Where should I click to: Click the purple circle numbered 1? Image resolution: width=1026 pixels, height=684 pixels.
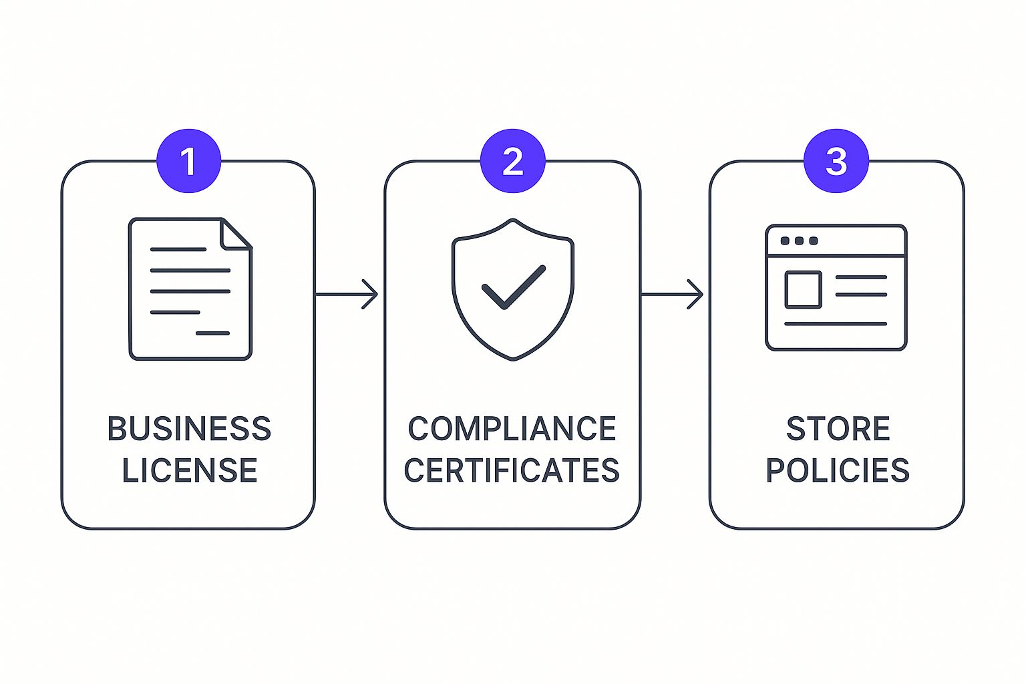point(188,161)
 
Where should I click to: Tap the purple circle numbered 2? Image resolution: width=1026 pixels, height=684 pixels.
point(512,161)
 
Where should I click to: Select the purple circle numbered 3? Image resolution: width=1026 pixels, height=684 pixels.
point(836,161)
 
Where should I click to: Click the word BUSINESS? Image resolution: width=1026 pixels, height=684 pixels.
point(189,429)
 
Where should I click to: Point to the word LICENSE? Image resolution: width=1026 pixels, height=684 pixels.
point(189,470)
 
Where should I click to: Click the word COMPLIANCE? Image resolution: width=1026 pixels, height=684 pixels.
point(512,429)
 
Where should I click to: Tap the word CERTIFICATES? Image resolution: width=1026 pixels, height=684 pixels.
point(512,470)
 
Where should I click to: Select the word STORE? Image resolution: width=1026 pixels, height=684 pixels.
point(838,429)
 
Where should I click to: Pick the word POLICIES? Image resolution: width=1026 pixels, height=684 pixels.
point(838,470)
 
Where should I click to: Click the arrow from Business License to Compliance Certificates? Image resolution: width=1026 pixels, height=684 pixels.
point(347,294)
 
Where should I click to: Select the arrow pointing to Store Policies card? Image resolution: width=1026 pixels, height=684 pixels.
point(672,294)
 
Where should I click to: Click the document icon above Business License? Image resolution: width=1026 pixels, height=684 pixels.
point(190,289)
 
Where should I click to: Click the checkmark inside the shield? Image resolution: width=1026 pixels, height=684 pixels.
point(513,287)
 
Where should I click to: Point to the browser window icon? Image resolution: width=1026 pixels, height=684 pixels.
point(836,287)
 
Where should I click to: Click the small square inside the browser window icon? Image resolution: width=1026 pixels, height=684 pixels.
point(803,289)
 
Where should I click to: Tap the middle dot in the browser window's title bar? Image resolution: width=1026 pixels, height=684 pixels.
point(799,240)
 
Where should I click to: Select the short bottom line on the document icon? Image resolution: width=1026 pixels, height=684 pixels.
point(212,333)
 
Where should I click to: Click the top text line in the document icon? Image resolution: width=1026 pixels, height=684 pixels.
point(178,249)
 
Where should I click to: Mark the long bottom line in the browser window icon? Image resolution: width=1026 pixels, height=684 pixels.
point(836,324)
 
